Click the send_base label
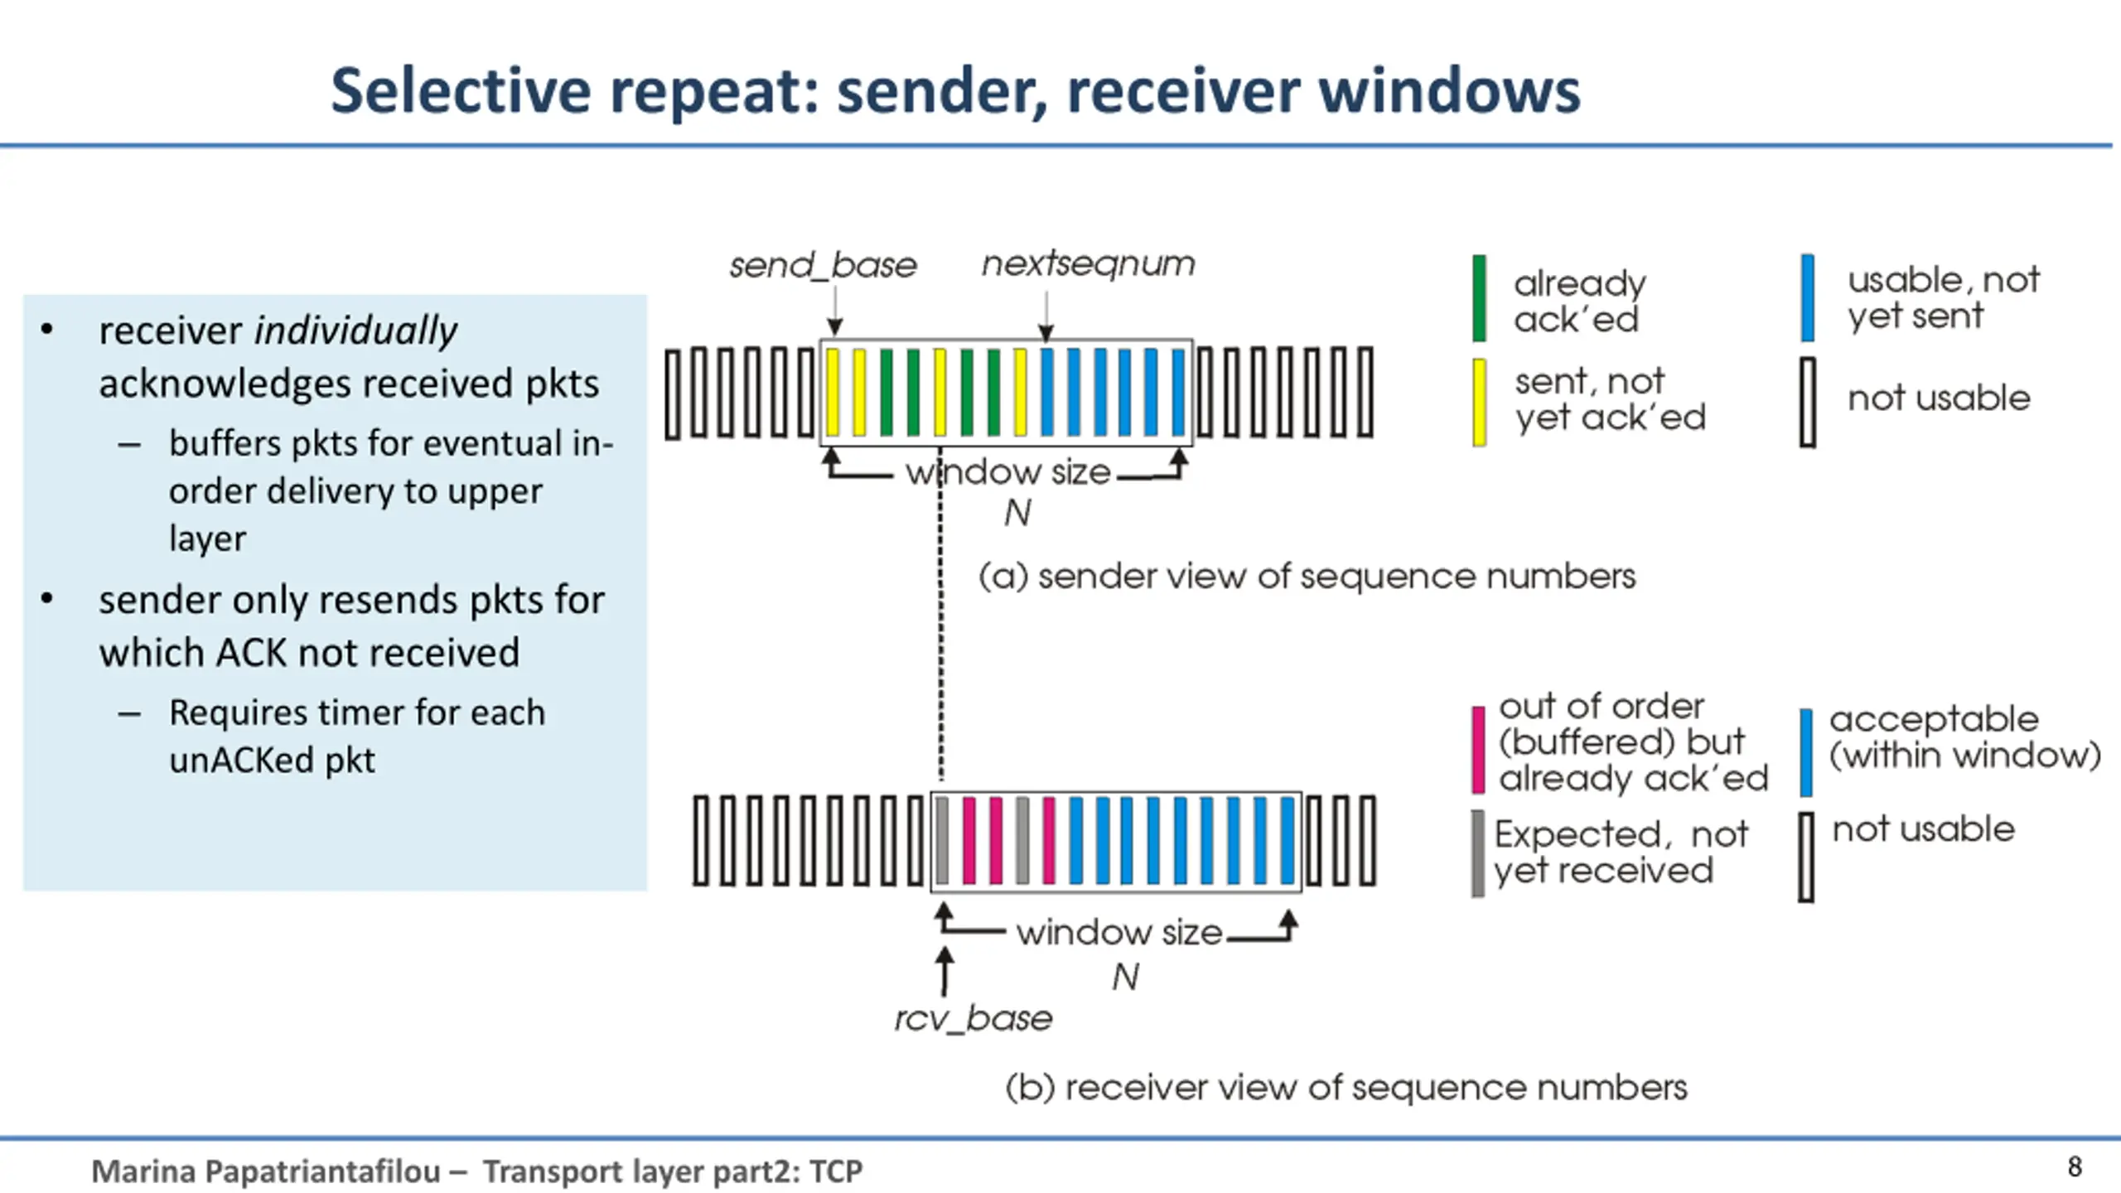(x=823, y=265)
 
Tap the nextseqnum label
(x=1089, y=264)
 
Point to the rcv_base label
(x=974, y=1018)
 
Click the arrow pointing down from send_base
(x=835, y=311)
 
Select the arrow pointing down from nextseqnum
(x=1046, y=316)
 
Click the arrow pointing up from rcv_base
(x=944, y=972)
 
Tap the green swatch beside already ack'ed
(x=1479, y=298)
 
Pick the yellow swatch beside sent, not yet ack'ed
(x=1479, y=402)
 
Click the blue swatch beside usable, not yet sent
(x=1808, y=297)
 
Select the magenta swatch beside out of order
(x=1478, y=750)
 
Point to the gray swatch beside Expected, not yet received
(x=1478, y=853)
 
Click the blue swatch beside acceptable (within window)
(x=1806, y=752)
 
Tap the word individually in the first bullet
(x=355, y=331)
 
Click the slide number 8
(x=2075, y=1166)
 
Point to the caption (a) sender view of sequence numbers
(x=1307, y=576)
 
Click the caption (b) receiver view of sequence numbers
(x=1346, y=1087)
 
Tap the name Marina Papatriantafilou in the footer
(x=266, y=1171)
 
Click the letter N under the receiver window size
(x=1125, y=978)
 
